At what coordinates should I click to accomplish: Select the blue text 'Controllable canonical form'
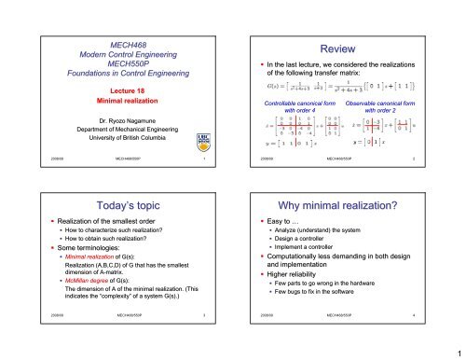295,101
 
